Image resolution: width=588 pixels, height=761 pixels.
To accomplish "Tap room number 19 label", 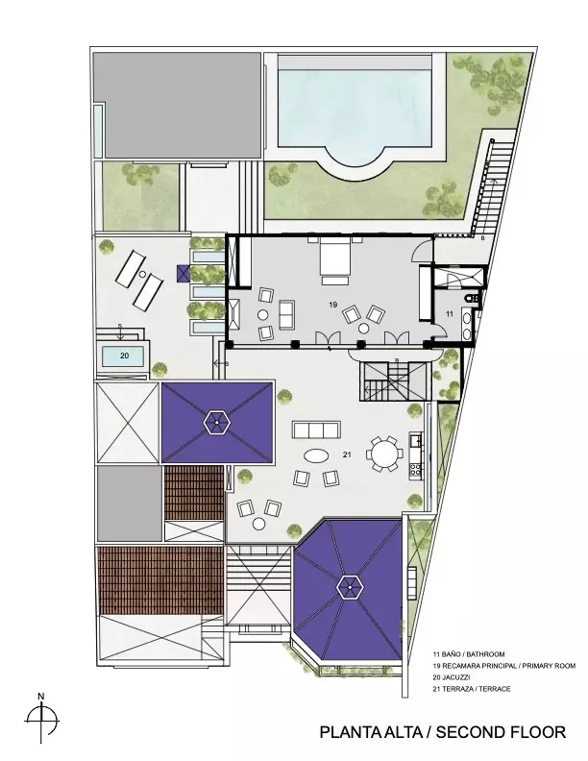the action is (332, 305).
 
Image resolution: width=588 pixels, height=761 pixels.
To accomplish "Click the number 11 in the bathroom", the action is (450, 314).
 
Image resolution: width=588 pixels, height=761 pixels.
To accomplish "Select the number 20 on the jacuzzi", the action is (124, 356).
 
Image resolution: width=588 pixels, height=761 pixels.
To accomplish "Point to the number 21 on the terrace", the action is (347, 454).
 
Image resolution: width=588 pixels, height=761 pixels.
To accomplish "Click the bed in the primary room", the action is (334, 259).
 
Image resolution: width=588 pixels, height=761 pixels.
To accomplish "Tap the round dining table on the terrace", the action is (384, 454).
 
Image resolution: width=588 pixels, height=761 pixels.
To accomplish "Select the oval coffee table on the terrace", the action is (316, 455).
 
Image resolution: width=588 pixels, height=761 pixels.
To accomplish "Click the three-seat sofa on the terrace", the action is (316, 430).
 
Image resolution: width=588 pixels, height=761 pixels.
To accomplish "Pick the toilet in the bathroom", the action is (471, 297).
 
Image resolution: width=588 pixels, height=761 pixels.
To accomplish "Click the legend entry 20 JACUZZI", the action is (453, 677).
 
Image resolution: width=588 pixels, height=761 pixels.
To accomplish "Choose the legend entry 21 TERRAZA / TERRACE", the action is (472, 689).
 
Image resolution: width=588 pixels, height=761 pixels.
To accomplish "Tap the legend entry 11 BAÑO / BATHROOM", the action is (469, 654).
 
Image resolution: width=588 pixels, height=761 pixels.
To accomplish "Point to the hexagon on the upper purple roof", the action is (216, 422).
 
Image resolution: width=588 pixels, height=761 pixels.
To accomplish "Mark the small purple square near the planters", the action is (184, 274).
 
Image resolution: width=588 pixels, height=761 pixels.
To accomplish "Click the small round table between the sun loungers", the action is (142, 274).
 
